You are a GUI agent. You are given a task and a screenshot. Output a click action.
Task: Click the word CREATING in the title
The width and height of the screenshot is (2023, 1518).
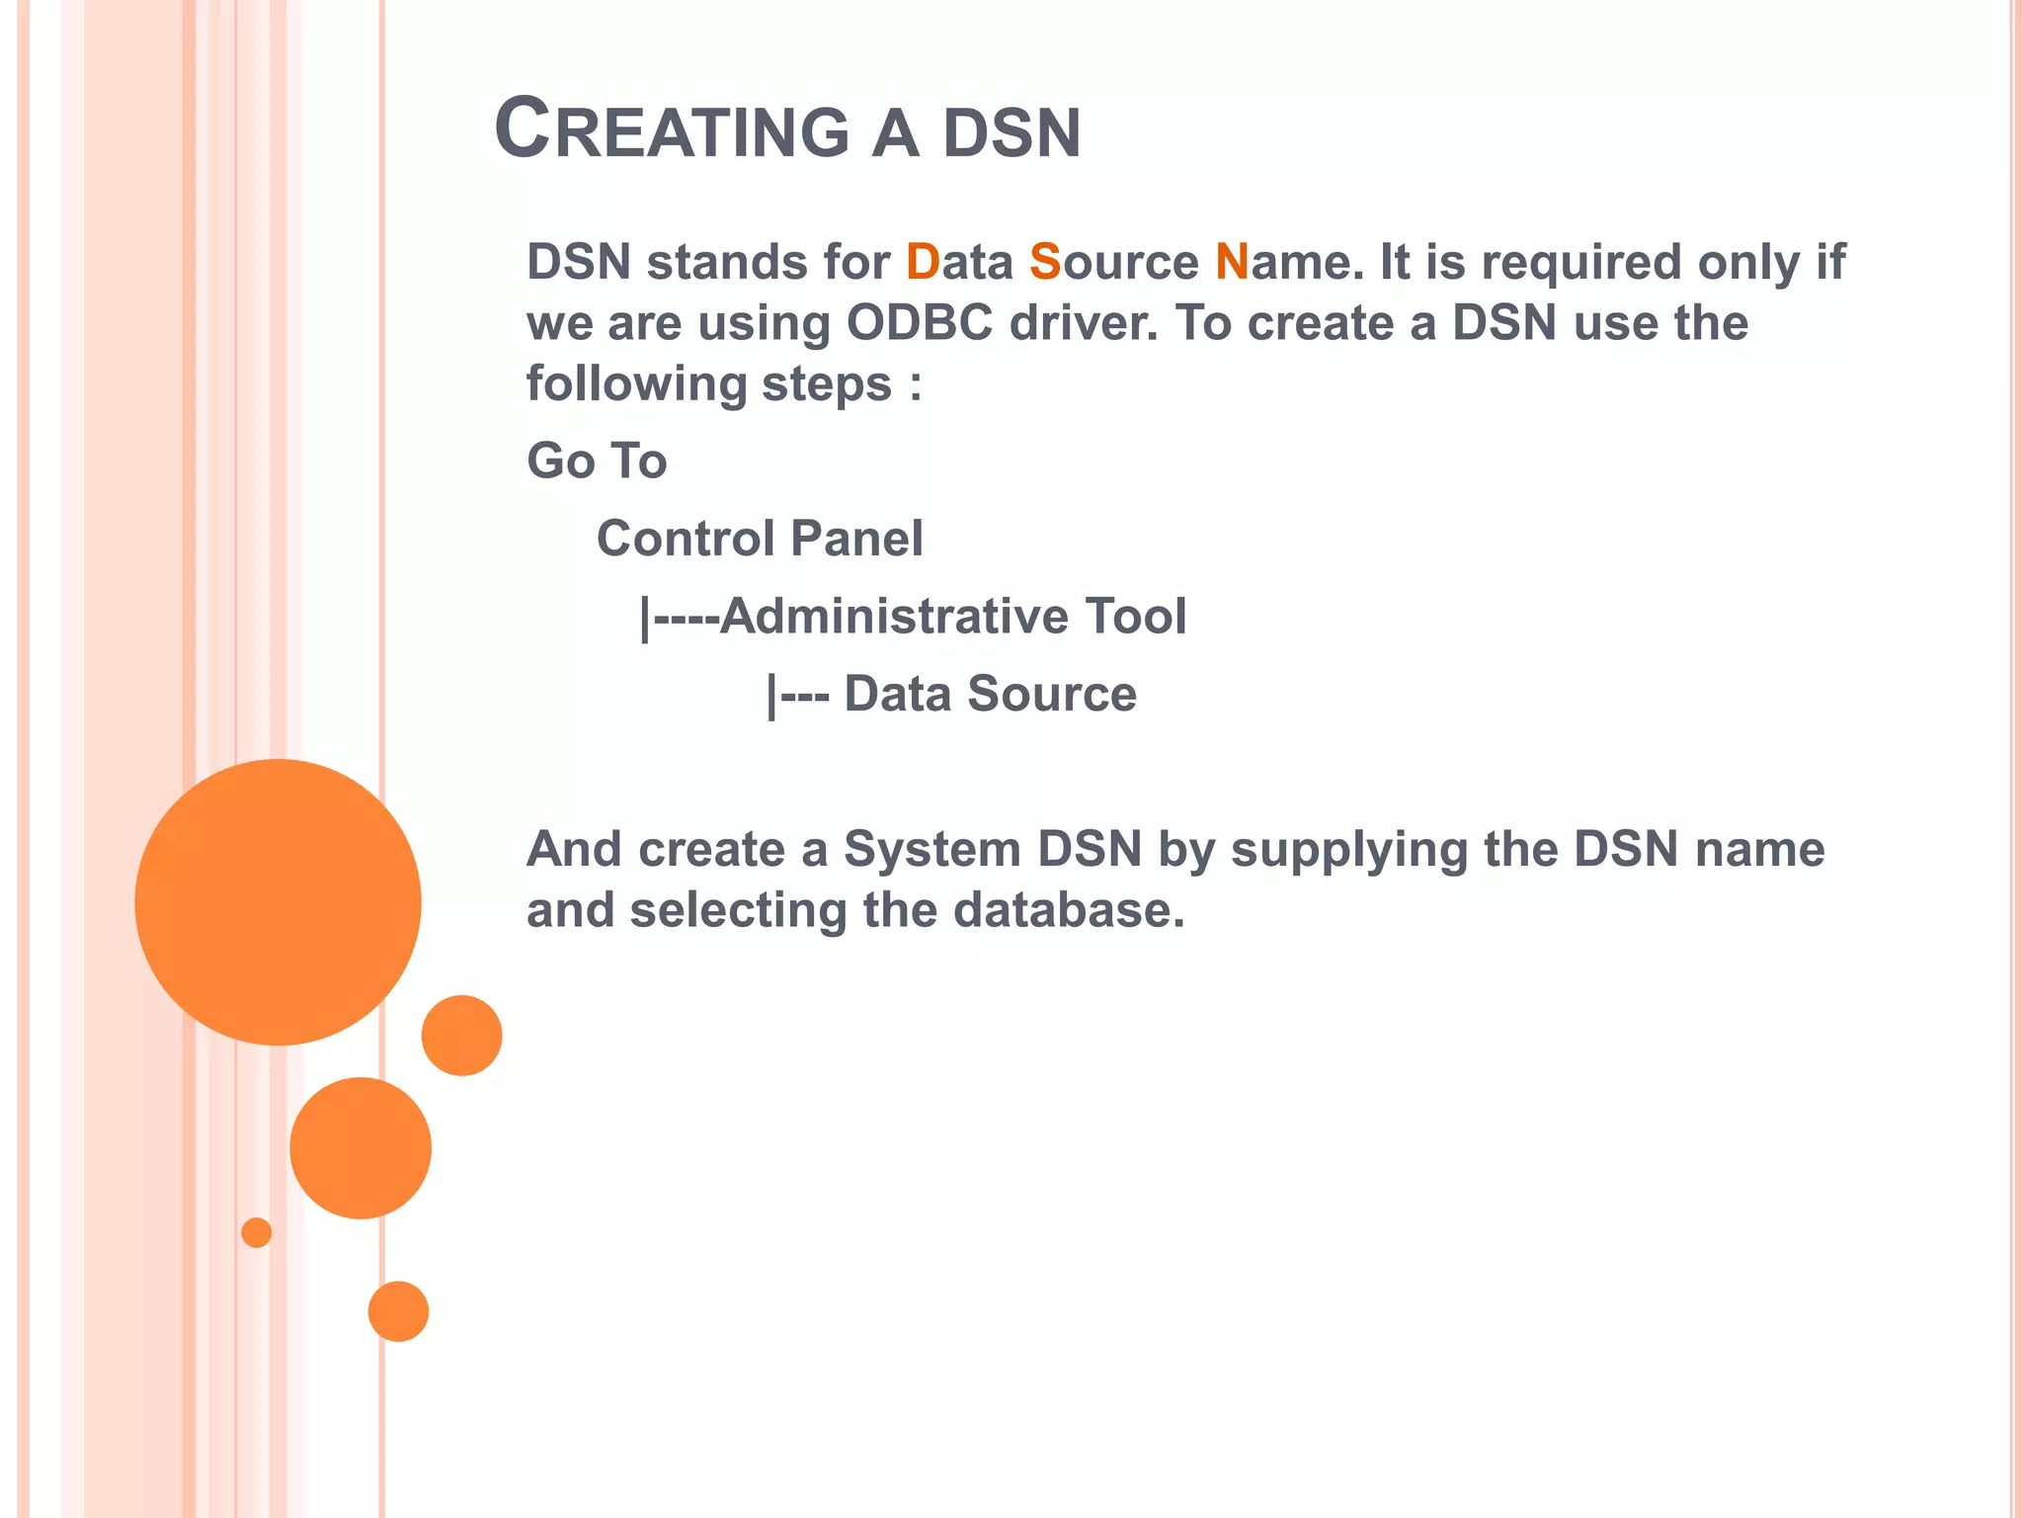tap(672, 130)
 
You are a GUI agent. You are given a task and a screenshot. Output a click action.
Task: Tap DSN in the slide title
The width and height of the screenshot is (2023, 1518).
tap(1011, 134)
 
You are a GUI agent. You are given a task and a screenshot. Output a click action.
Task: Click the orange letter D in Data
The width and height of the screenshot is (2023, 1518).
tap(922, 263)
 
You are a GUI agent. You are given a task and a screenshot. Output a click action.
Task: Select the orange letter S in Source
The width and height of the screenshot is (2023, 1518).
tap(1044, 263)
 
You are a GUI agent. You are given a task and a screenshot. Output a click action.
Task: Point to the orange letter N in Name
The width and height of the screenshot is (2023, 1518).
tap(1232, 263)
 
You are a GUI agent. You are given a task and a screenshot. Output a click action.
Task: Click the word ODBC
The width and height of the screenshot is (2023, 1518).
tap(919, 323)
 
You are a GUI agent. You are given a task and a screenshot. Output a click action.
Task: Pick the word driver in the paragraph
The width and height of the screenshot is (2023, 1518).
tap(1083, 323)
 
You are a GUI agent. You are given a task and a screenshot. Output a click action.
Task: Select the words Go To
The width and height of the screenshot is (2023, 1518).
tap(597, 462)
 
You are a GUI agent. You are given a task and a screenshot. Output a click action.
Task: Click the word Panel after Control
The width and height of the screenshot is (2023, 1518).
tap(856, 539)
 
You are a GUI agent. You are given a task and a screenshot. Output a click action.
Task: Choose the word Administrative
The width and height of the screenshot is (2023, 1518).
tap(894, 617)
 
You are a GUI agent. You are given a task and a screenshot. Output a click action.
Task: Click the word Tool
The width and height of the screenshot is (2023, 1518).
tap(1135, 617)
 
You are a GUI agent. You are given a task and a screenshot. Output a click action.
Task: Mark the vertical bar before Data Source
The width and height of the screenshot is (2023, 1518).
tap(771, 696)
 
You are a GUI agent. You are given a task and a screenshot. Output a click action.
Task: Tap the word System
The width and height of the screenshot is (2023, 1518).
tap(931, 850)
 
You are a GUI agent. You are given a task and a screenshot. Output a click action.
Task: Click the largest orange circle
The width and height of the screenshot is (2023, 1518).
tap(278, 901)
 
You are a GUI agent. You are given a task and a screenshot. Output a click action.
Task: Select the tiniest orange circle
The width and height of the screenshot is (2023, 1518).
tap(256, 1232)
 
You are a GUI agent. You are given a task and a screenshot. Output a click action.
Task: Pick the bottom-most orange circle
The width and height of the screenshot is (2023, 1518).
tap(398, 1311)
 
